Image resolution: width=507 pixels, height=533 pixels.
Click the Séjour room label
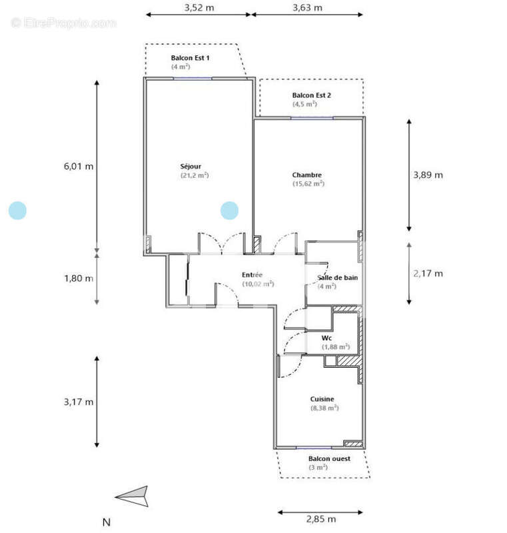[190, 166]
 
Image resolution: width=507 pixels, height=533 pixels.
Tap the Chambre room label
[307, 175]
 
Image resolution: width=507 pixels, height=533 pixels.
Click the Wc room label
[326, 338]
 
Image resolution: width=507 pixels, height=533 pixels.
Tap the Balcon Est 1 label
[190, 59]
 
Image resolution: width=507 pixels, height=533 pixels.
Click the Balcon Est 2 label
[311, 95]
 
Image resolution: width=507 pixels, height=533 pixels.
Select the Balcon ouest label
[329, 459]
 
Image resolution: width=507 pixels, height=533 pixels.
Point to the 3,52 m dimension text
[199, 8]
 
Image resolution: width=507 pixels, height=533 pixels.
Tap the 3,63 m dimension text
[307, 8]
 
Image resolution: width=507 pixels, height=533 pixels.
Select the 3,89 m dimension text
[428, 175]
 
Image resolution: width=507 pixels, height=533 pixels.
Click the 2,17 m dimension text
[428, 273]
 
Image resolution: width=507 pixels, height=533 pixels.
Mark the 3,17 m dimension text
[78, 402]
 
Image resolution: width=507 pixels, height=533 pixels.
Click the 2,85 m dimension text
[320, 519]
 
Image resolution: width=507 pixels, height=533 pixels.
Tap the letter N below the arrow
[105, 522]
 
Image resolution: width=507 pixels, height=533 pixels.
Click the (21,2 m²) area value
[194, 175]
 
